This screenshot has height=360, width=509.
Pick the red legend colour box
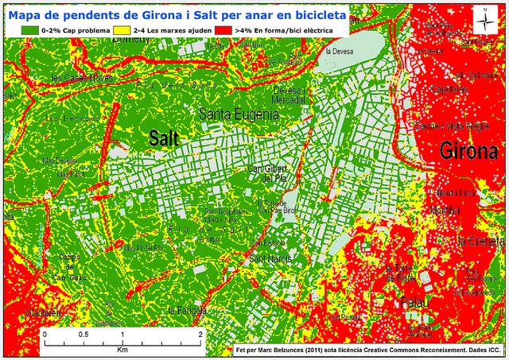223,29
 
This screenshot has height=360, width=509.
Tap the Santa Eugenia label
239,114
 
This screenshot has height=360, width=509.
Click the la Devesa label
340,53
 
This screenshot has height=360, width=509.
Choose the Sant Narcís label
268,259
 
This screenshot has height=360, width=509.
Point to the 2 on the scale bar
200,335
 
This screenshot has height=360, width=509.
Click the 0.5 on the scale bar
83,335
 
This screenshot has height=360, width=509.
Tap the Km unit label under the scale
122,349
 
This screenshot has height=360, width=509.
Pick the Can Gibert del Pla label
268,172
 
